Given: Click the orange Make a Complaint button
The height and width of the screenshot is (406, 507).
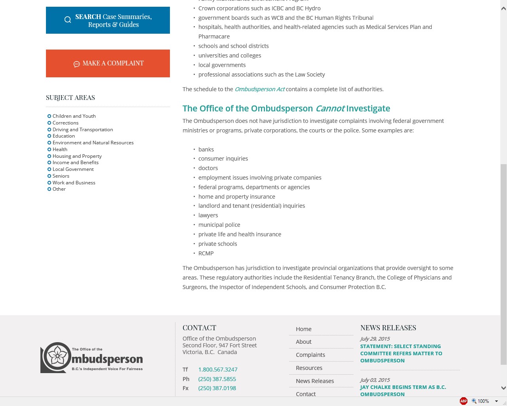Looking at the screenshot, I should pyautogui.click(x=108, y=63).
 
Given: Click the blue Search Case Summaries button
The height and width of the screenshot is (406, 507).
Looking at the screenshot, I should pyautogui.click(x=108, y=20).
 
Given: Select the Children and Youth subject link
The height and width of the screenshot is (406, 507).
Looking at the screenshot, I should pyautogui.click(x=74, y=116).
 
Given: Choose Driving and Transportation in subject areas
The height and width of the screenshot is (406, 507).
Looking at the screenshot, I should pyautogui.click(x=82, y=130).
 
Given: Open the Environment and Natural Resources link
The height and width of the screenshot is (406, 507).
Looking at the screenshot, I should pyautogui.click(x=93, y=143).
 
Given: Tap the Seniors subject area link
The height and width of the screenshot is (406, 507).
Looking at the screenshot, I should pyautogui.click(x=61, y=176).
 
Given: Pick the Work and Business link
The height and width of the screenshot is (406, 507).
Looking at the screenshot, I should pyautogui.click(x=74, y=183).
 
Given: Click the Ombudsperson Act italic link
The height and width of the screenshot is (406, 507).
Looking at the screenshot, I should pyautogui.click(x=259, y=89).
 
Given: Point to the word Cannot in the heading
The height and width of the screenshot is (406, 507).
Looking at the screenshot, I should pyautogui.click(x=330, y=109).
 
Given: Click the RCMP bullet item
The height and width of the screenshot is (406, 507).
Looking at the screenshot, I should pyautogui.click(x=206, y=253).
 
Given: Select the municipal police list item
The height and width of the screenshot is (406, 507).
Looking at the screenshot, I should pyautogui.click(x=219, y=225).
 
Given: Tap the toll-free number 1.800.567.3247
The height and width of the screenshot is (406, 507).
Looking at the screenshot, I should pyautogui.click(x=217, y=370).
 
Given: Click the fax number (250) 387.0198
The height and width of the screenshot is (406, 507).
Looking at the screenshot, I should pyautogui.click(x=217, y=388).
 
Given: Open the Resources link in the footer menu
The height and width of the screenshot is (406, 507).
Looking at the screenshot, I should pyautogui.click(x=309, y=368).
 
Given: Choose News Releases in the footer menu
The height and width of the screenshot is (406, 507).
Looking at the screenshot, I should pyautogui.click(x=314, y=381).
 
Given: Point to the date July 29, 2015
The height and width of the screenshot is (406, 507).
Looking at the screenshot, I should pyautogui.click(x=375, y=339).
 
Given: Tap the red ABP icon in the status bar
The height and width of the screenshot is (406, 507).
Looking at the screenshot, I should pyautogui.click(x=463, y=401).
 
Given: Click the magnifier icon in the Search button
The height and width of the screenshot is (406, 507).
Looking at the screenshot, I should pyautogui.click(x=68, y=20).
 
